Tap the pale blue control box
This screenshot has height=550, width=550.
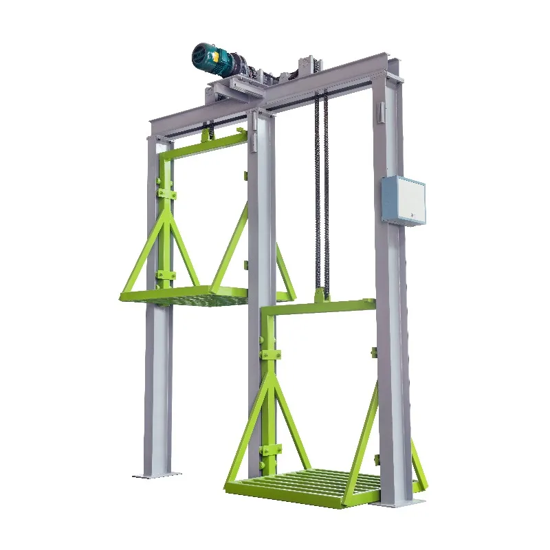[x=403, y=199]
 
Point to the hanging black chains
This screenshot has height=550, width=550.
[x=322, y=192]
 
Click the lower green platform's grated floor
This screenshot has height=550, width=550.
[x=302, y=485]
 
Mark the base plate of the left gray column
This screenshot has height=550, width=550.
[x=157, y=474]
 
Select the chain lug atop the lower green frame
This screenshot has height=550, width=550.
[x=320, y=296]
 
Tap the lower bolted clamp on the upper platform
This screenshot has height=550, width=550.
[x=165, y=275]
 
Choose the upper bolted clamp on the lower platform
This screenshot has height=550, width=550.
[x=269, y=355]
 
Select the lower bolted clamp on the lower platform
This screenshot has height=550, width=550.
[x=269, y=450]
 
